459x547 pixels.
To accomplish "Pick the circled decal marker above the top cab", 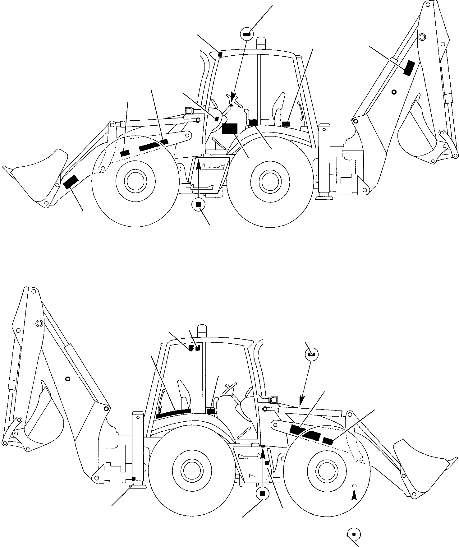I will [247, 34].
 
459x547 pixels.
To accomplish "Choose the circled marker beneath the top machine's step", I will [198, 204].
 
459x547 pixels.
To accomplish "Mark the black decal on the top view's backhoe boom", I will [409, 68].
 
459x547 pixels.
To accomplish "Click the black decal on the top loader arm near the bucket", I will [71, 182].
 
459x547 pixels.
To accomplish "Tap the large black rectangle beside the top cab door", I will [230, 129].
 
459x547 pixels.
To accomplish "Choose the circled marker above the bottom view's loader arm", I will [311, 354].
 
